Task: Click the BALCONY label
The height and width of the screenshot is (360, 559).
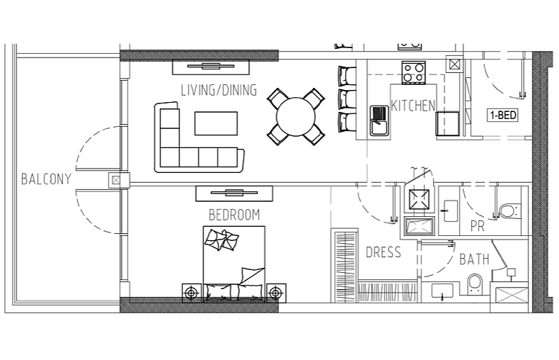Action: pyautogui.click(x=46, y=179)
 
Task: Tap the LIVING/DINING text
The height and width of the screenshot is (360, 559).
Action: pyautogui.click(x=219, y=90)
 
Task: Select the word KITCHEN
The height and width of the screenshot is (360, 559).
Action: pyautogui.click(x=413, y=106)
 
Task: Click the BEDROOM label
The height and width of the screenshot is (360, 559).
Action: pyautogui.click(x=235, y=215)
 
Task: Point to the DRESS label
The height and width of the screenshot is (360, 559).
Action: pyautogui.click(x=383, y=252)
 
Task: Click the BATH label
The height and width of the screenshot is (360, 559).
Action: pyautogui.click(x=474, y=259)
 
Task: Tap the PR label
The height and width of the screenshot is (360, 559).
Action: pyautogui.click(x=478, y=226)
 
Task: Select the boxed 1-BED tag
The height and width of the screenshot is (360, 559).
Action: pyautogui.click(x=502, y=115)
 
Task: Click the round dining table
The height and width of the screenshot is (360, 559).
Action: pyautogui.click(x=296, y=116)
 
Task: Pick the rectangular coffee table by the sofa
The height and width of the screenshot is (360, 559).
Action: pyautogui.click(x=216, y=123)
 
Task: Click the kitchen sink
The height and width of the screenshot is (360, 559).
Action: pyautogui.click(x=379, y=120)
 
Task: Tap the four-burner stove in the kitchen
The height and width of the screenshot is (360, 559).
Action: pyautogui.click(x=414, y=72)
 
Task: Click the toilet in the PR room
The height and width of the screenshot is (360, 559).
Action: pyautogui.click(x=509, y=210)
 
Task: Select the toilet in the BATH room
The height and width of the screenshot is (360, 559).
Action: pyautogui.click(x=475, y=284)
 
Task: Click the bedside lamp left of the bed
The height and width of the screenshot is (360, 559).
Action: pyautogui.click(x=192, y=293)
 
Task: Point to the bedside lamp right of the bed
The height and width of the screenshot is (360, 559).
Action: pyautogui.click(x=274, y=293)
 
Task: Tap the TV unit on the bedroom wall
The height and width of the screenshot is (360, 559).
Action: pyautogui.click(x=235, y=193)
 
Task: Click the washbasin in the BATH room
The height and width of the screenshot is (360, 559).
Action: pyautogui.click(x=442, y=291)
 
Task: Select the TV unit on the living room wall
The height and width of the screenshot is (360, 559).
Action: pyautogui.click(x=210, y=67)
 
